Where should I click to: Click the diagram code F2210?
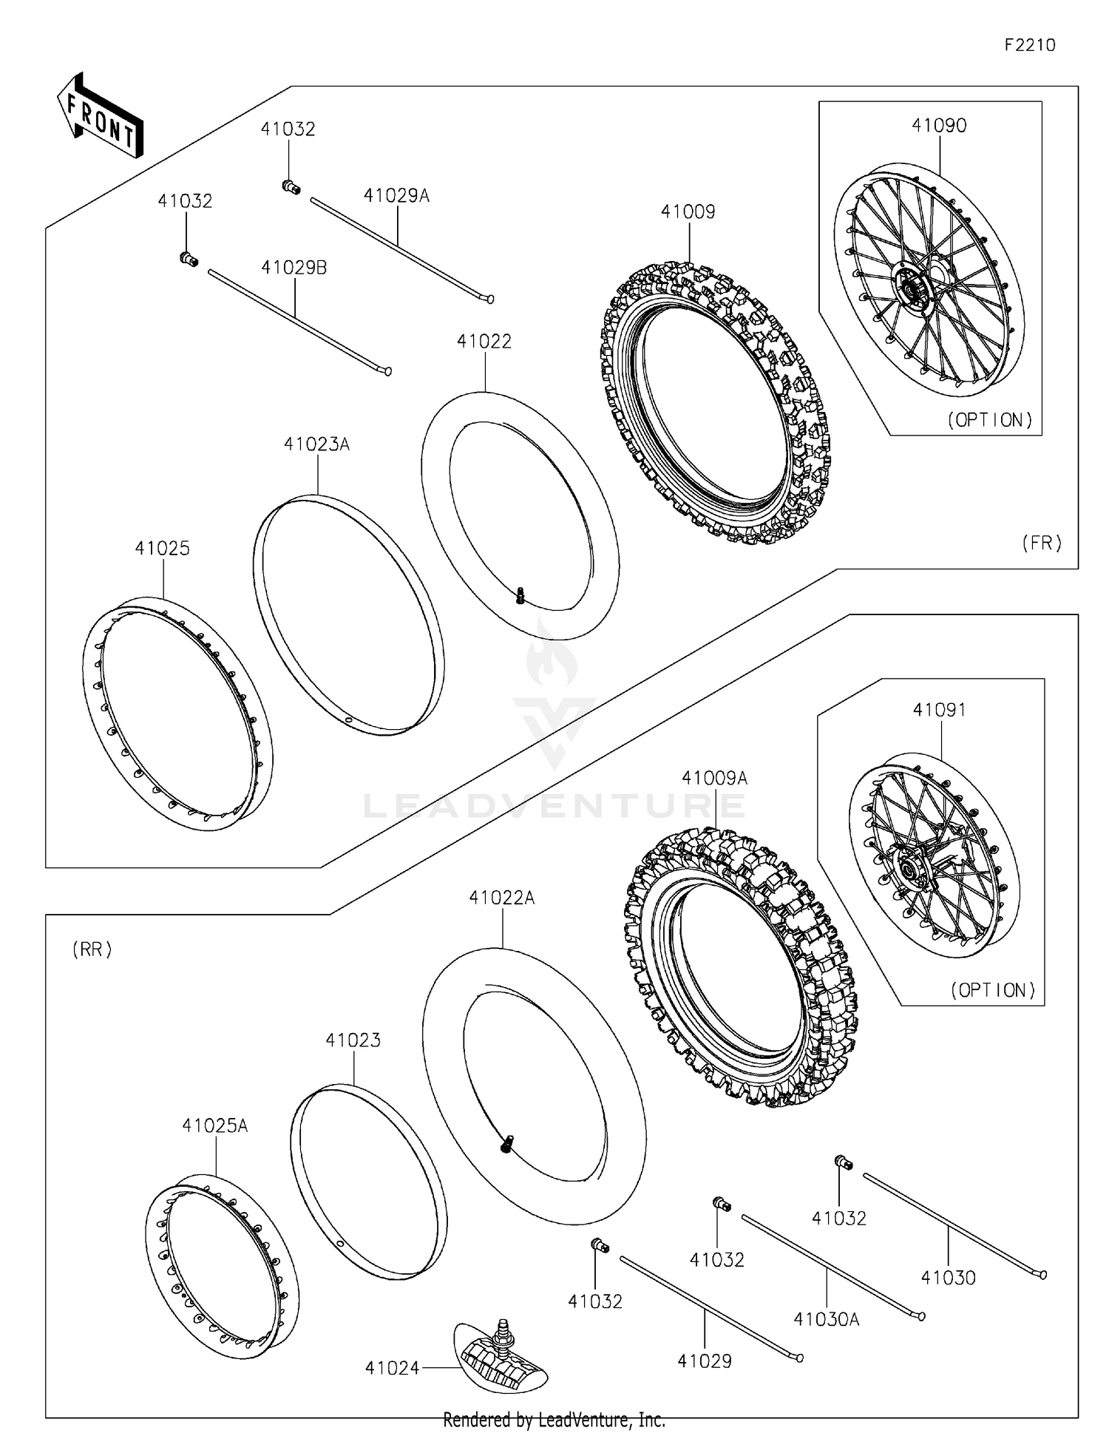click(1029, 45)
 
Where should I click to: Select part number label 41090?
click(938, 126)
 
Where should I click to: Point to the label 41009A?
click(714, 779)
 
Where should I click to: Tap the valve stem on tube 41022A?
click(506, 1143)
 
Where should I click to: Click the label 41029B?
click(294, 268)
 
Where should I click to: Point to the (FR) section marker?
click(1041, 543)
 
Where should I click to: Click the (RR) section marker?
click(92, 949)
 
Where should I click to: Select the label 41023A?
click(316, 444)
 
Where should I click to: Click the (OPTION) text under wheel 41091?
click(992, 990)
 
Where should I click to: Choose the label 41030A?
click(826, 1319)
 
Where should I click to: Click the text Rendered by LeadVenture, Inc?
click(554, 1420)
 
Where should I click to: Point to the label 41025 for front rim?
click(162, 549)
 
